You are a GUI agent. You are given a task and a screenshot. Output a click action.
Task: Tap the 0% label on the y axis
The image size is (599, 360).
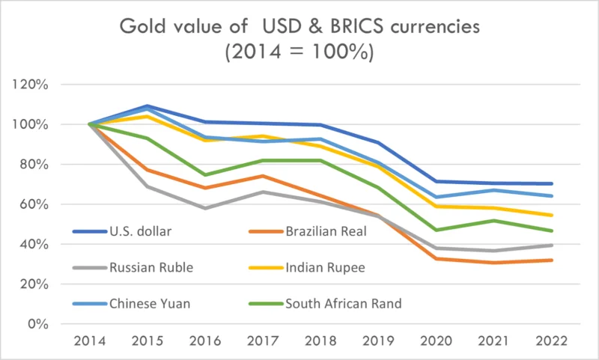pos(37,324)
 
